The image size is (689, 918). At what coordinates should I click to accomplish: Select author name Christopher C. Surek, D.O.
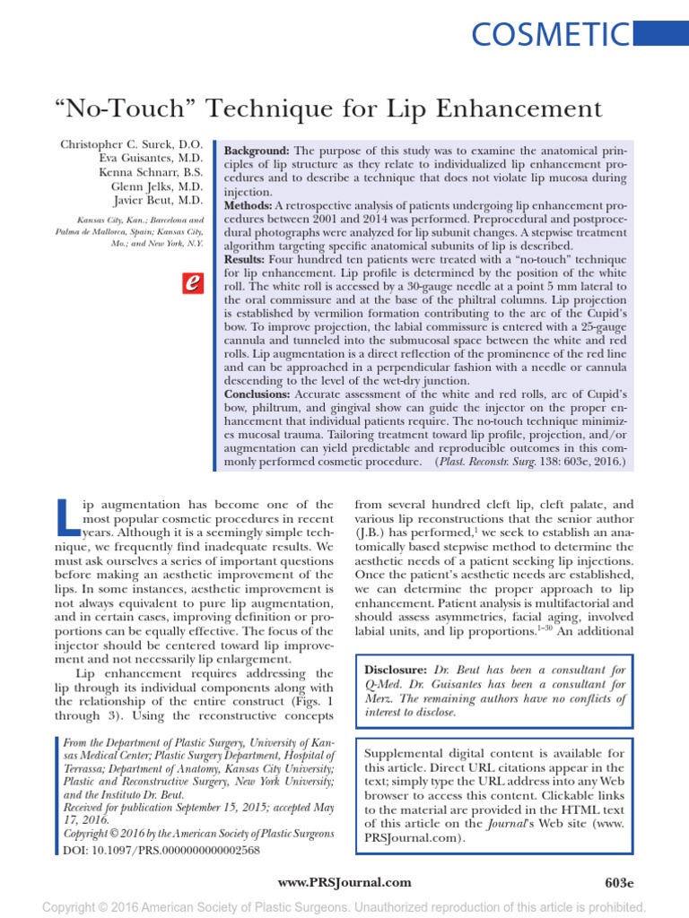pos(132,144)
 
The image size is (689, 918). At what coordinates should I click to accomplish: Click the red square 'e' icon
pos(190,282)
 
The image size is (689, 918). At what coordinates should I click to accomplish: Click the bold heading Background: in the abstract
pos(257,151)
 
